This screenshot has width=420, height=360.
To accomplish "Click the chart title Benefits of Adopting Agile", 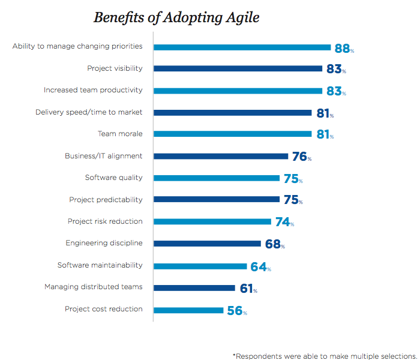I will coord(176,17).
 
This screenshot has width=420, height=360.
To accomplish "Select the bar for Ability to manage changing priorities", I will coord(242,47).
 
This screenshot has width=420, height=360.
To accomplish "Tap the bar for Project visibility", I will coord(238,69).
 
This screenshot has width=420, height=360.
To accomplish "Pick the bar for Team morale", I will coord(233,134).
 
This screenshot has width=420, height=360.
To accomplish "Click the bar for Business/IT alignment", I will coord(221,157).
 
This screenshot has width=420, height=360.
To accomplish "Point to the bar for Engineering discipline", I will coord(207,244).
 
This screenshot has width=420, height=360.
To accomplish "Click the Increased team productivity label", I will coord(93,90).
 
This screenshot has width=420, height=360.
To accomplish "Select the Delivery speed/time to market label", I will coord(89,112).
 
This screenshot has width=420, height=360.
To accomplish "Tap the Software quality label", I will coord(113,178).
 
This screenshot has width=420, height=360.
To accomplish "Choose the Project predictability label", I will coord(106,199).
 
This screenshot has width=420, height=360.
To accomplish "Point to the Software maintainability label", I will coord(100,265).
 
